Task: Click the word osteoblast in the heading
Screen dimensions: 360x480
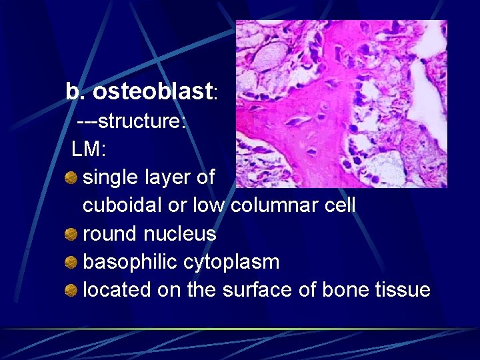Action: [x=153, y=92]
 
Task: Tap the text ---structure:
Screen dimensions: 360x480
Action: [x=131, y=123]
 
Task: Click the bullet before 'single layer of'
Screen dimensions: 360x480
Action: [x=71, y=177]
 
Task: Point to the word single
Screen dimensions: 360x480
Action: [x=109, y=177]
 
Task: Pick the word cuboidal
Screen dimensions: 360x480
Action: [x=122, y=205]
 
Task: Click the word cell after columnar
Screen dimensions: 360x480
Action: [x=339, y=205]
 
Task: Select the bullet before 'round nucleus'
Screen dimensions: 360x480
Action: [x=71, y=234]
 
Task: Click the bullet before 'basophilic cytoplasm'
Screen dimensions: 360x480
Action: [x=71, y=262]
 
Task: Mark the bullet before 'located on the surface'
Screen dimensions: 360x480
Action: [x=71, y=290]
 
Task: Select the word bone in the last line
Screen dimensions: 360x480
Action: [x=346, y=290]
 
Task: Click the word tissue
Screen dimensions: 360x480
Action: [x=403, y=290]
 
